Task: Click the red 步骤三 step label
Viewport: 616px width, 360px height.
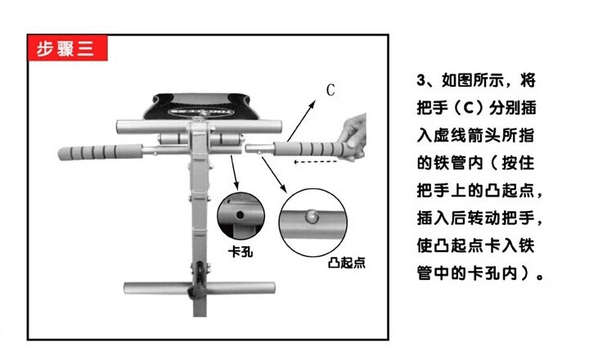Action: [67, 48]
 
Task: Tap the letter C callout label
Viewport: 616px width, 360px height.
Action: [330, 90]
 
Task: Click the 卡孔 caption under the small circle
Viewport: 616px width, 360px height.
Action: [241, 251]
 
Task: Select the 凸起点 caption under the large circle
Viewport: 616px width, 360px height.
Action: [347, 262]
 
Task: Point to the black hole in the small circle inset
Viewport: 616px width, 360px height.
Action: [240, 215]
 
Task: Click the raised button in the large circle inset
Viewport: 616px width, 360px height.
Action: [312, 216]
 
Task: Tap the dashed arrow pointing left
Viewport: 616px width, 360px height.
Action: [316, 161]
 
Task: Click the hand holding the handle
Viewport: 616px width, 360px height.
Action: [353, 137]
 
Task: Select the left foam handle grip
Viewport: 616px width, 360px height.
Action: [100, 151]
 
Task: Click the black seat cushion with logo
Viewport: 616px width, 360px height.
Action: [201, 106]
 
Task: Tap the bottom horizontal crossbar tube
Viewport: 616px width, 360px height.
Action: [200, 288]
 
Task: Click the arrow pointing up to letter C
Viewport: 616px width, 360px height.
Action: [301, 120]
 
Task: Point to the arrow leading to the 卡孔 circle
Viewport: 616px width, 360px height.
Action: [235, 173]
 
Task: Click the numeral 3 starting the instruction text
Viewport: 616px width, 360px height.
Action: [421, 80]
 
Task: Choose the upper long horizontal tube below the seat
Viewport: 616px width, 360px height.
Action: [199, 127]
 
